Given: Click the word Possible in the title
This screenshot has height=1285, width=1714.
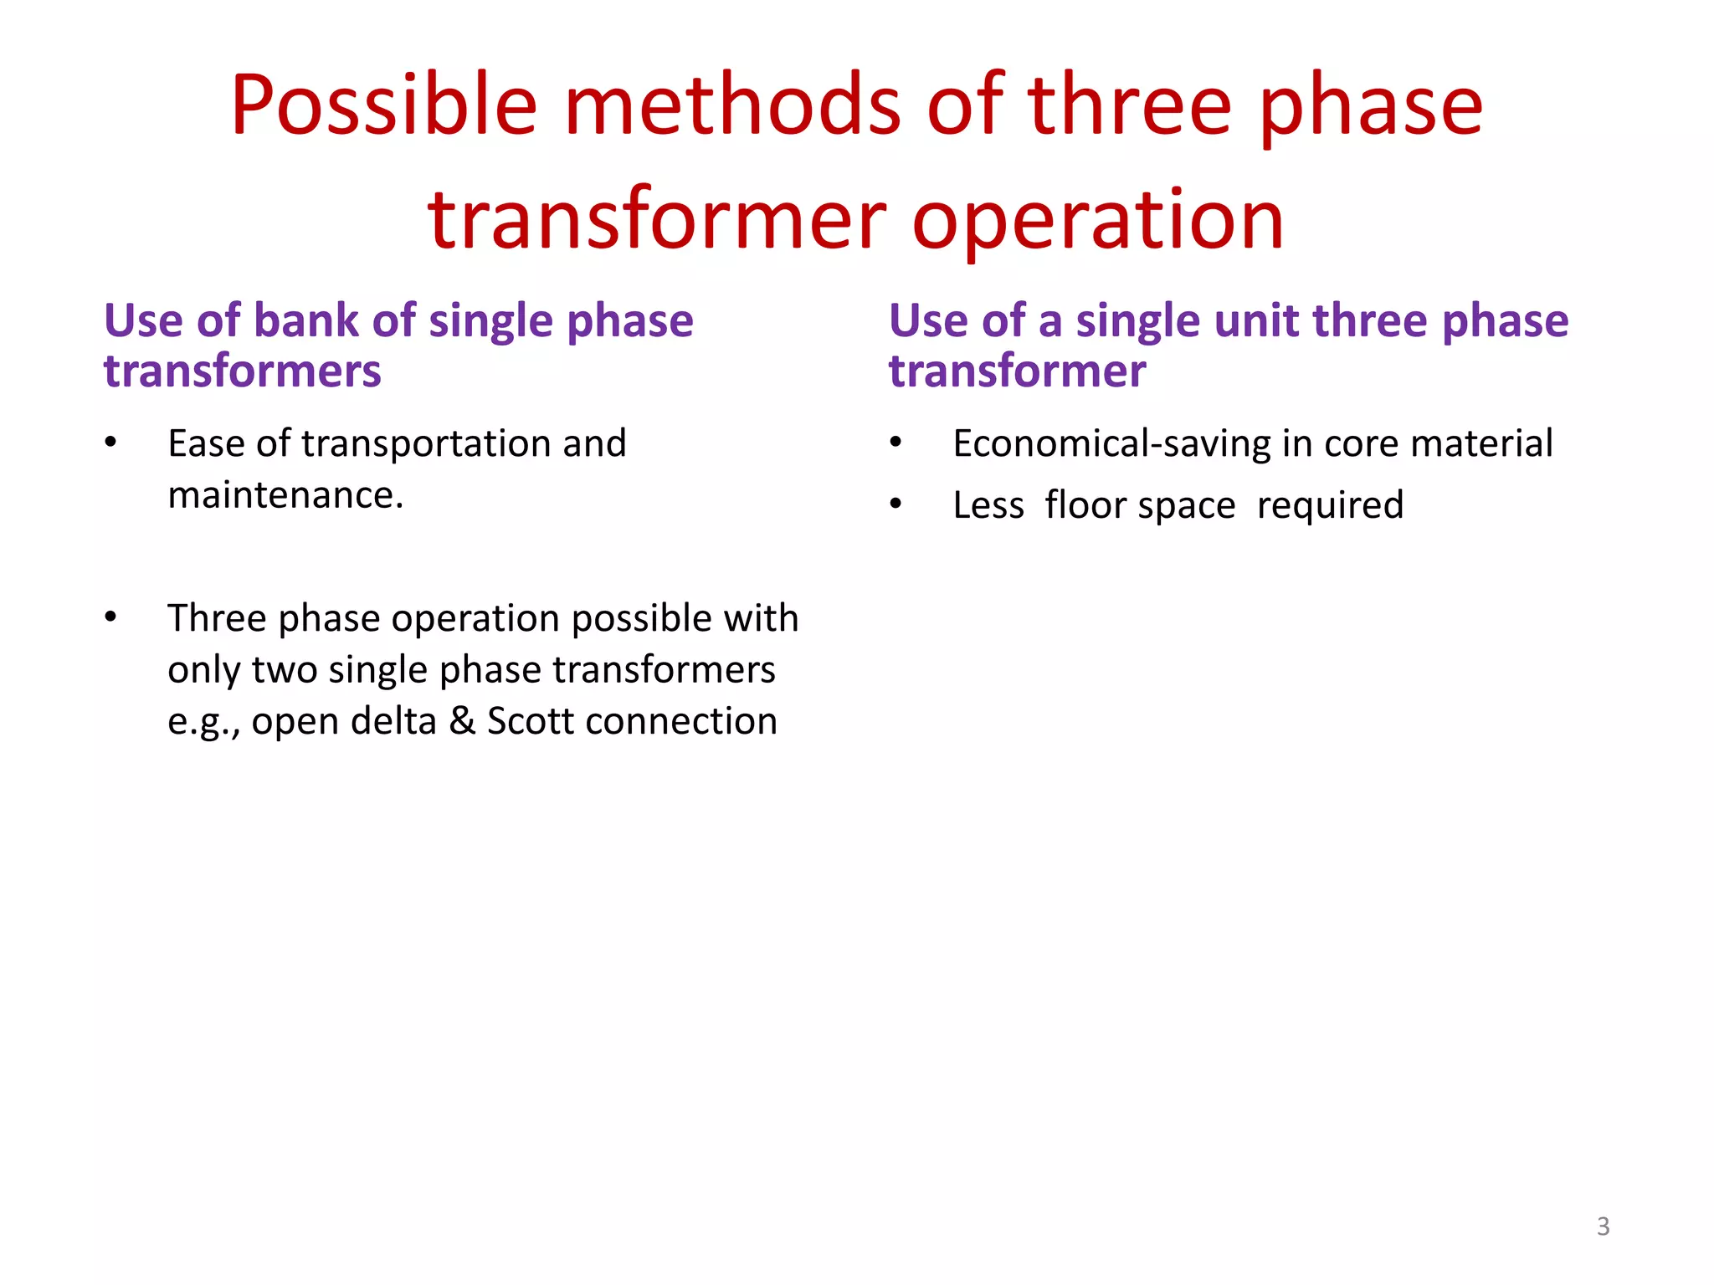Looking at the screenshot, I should (383, 106).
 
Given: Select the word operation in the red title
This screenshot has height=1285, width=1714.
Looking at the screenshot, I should (1097, 220).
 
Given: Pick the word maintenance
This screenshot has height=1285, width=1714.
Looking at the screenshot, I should (285, 495).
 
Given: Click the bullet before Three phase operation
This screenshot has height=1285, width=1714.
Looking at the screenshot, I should (110, 617).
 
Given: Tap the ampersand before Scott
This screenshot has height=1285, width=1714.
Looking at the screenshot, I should (461, 721).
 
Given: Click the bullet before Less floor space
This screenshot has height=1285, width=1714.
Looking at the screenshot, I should (895, 504).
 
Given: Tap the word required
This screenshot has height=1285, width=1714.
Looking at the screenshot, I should (1330, 505).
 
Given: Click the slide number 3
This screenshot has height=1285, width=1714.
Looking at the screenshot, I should (1603, 1226).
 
